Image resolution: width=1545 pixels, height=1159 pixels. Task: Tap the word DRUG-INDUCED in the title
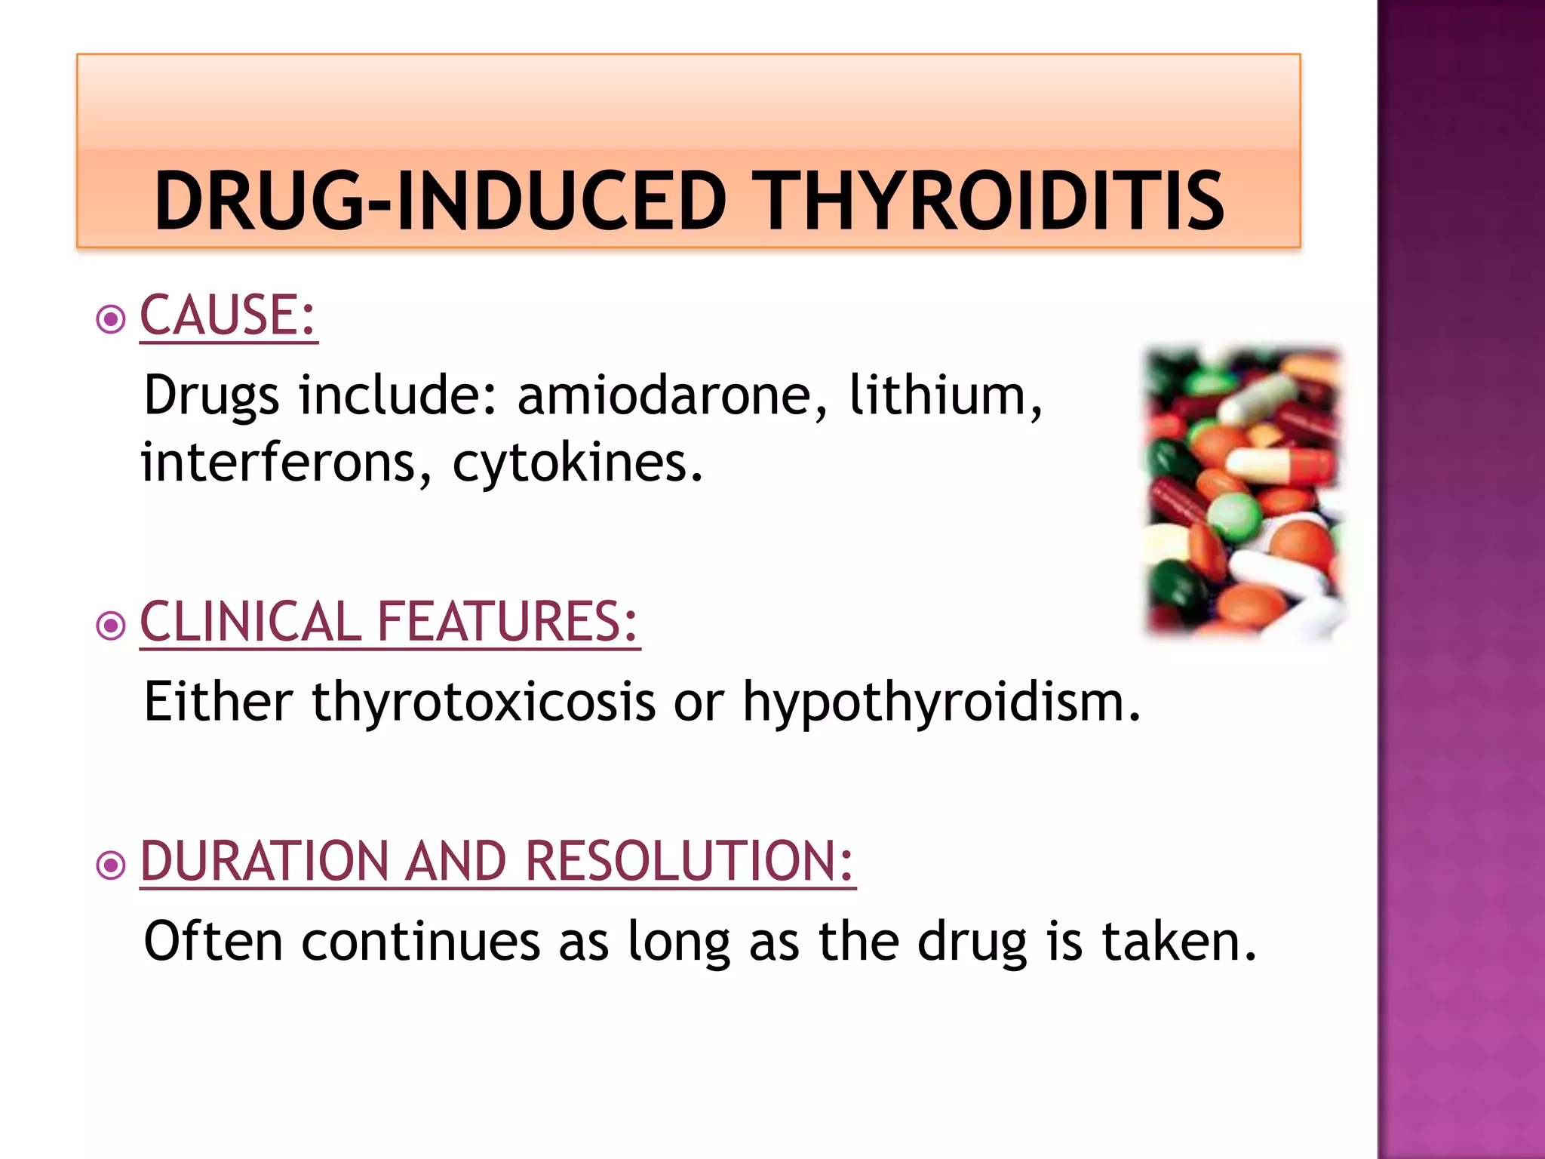pos(440,201)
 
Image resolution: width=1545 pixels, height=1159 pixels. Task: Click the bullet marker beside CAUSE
pos(111,319)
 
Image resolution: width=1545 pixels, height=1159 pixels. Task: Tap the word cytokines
pos(577,463)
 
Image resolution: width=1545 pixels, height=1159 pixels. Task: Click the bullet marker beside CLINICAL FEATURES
pos(111,626)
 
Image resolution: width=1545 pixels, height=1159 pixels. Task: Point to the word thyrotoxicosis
pos(484,702)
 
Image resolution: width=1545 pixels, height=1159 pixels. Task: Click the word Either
pos(218,702)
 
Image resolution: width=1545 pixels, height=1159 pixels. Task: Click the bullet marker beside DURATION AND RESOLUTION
pos(111,865)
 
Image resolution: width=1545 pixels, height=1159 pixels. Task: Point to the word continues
pos(421,942)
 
